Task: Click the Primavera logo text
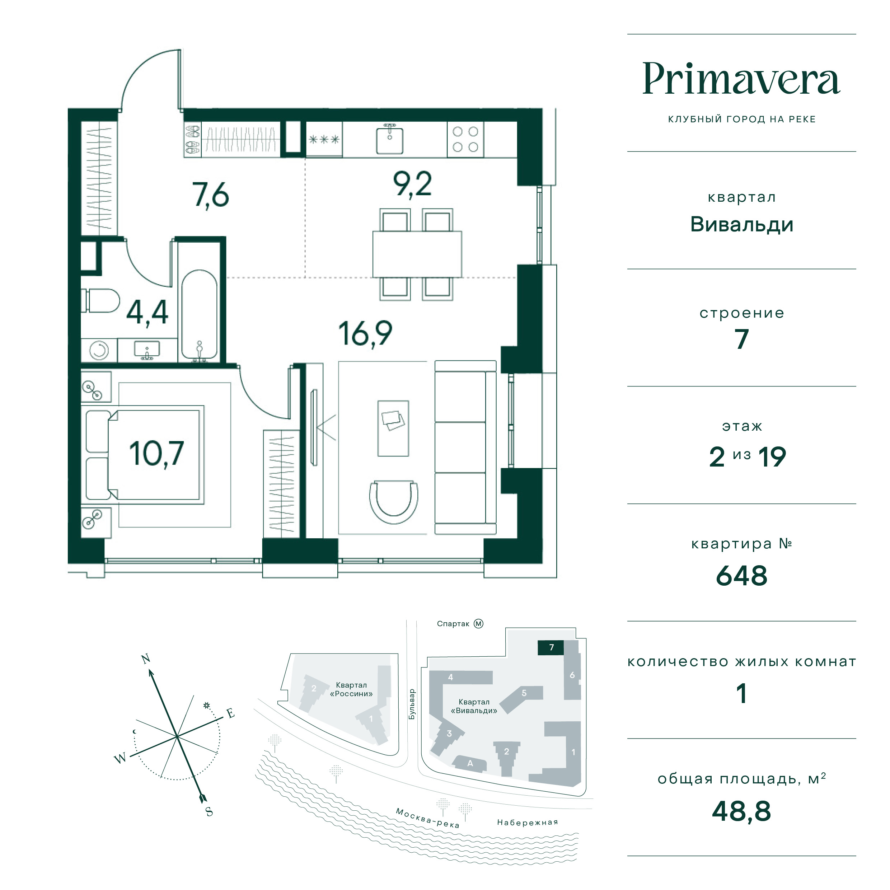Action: pos(741,79)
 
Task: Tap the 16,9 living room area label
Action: pos(365,334)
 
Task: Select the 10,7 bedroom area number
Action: pos(156,454)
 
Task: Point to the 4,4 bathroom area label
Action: pos(147,313)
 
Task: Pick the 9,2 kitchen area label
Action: pos(412,185)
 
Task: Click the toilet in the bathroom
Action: pos(100,300)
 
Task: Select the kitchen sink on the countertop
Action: pos(390,140)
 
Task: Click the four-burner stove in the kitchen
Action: pos(465,140)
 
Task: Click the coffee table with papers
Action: pos(393,428)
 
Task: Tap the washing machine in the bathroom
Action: pos(99,351)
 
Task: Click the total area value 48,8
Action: pos(741,811)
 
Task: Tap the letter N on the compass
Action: pos(146,659)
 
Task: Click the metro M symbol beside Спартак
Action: pos(479,624)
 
